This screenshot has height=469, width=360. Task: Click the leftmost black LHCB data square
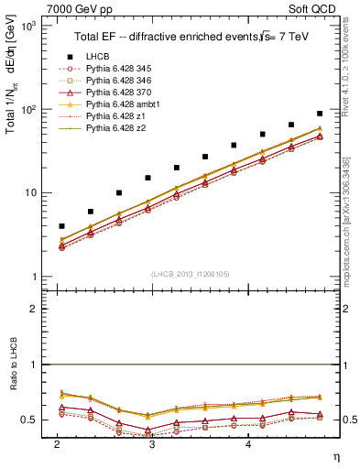61,225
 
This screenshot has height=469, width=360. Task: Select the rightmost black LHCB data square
320,114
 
